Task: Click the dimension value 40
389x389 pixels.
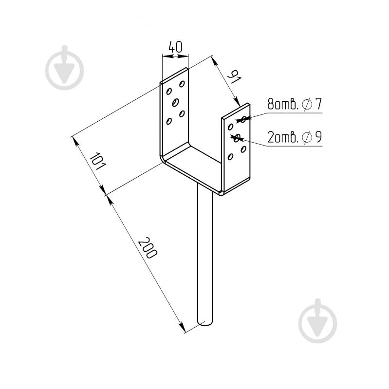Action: [x=175, y=47]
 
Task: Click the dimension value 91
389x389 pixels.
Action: [x=234, y=76]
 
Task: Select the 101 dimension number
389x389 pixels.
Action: [x=98, y=162]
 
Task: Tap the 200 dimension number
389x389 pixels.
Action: [x=148, y=248]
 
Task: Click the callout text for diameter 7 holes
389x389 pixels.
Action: [x=295, y=104]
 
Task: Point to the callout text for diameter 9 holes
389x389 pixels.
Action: [x=295, y=137]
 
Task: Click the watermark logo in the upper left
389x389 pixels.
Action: [x=64, y=68]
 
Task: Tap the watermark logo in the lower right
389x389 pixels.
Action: [x=317, y=321]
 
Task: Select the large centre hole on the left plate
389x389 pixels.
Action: [x=176, y=102]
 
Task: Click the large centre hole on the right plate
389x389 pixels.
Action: [x=237, y=138]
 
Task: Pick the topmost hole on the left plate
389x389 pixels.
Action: [x=182, y=84]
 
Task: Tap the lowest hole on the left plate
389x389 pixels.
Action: [x=169, y=121]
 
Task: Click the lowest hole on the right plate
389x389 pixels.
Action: [x=230, y=157]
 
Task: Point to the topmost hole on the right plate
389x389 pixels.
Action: [x=243, y=119]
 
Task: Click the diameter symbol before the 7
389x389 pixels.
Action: [x=307, y=104]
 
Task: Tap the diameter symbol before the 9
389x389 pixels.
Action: [x=307, y=137]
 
